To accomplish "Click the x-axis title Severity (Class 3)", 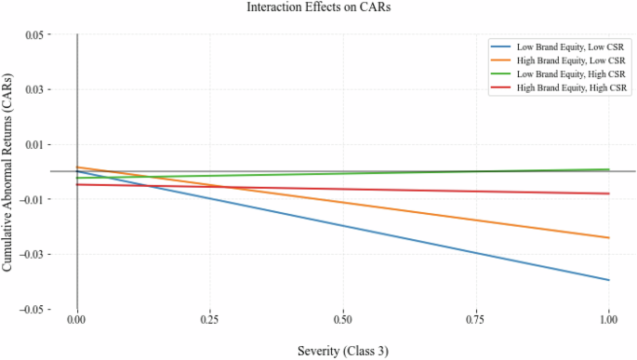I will click(x=342, y=351).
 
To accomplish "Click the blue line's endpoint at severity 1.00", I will click(x=608, y=280).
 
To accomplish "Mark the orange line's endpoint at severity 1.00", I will click(x=608, y=238).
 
